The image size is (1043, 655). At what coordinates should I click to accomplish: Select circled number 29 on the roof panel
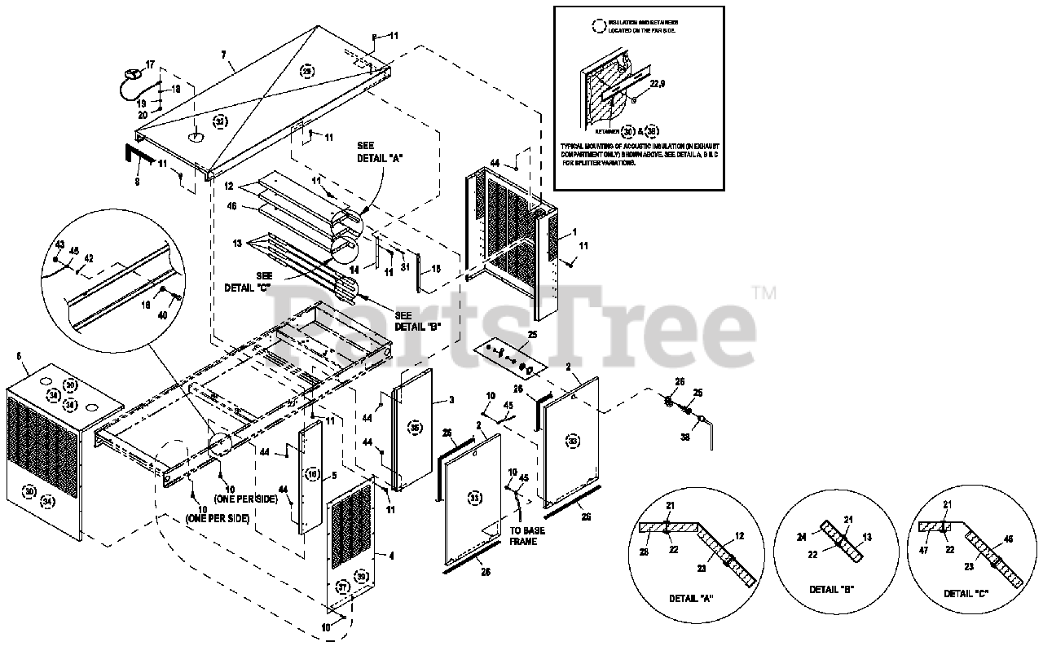[306, 71]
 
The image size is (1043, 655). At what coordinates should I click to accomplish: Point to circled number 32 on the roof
[219, 121]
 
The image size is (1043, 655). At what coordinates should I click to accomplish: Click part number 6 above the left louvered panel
[18, 356]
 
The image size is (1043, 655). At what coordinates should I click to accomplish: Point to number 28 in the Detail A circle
[645, 553]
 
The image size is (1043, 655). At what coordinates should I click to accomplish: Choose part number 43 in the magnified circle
[59, 244]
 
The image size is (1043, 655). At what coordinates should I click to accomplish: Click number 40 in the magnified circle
[162, 315]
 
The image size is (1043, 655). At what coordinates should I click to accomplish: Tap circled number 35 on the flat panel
[415, 428]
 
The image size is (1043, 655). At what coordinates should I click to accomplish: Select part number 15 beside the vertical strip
[436, 268]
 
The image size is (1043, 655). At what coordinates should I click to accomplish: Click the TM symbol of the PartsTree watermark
[764, 291]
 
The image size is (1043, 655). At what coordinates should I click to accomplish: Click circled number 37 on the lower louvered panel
[342, 587]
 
